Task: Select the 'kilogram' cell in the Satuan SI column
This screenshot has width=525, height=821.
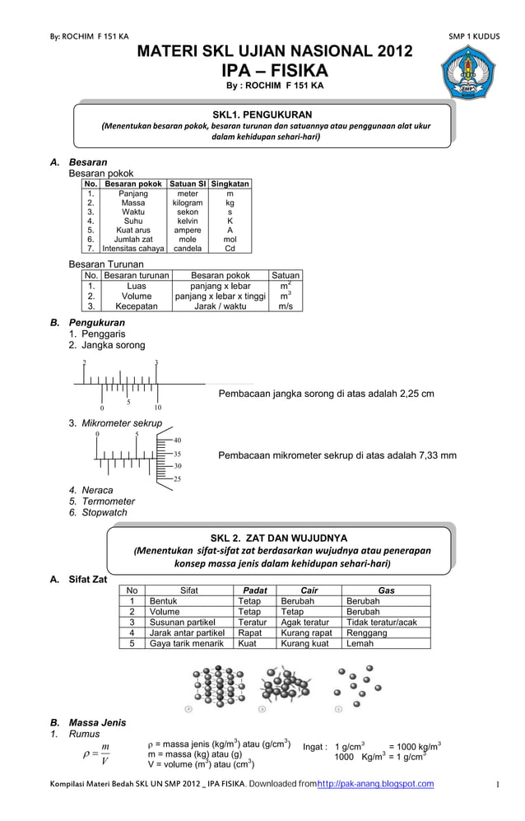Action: point(188,202)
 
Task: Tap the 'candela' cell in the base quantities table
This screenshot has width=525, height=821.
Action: point(188,247)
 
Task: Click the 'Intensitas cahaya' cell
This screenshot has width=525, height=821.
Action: point(132,247)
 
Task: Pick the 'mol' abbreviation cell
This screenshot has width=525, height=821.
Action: point(230,238)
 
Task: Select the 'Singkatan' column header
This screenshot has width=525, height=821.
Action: point(230,184)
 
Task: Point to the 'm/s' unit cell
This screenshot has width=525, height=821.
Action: point(286,306)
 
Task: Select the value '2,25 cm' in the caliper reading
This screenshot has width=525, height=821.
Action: point(416,394)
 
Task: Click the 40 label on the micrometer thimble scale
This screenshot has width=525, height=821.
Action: point(177,441)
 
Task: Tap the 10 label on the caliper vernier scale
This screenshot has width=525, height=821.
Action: point(157,408)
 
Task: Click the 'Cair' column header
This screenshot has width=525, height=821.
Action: point(309,590)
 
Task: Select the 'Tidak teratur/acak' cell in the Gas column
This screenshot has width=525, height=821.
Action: point(382,623)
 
